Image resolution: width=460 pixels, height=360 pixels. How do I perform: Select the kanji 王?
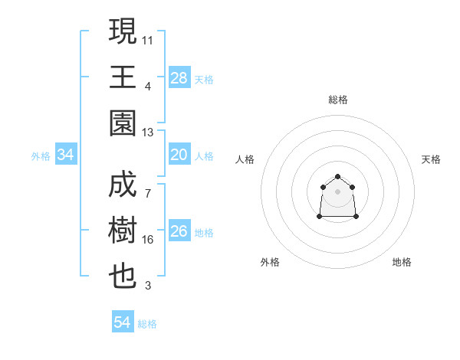click(123, 77)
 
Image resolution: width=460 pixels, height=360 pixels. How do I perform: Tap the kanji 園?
click(123, 123)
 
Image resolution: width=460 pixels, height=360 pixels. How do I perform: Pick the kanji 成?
click(123, 185)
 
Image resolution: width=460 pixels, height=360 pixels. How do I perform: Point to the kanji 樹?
click(123, 231)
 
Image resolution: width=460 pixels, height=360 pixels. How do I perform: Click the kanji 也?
click(123, 277)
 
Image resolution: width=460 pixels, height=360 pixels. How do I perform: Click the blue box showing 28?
click(179, 78)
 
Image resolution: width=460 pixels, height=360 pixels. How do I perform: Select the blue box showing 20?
click(179, 155)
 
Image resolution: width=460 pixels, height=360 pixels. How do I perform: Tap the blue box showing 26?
click(179, 232)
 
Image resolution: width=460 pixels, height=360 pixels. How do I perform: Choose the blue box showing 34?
click(66, 155)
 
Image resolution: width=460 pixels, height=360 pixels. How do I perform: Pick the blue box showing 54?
click(123, 322)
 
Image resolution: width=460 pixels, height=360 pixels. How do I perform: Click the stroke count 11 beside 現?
click(148, 40)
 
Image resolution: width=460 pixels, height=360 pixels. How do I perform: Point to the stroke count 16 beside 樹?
click(148, 240)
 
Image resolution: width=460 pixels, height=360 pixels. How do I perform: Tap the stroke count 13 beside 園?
click(148, 133)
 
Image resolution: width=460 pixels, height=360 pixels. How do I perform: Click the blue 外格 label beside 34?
click(41, 156)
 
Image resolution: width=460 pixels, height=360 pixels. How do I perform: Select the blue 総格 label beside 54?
click(147, 323)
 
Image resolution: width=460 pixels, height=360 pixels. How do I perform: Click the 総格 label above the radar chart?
click(338, 100)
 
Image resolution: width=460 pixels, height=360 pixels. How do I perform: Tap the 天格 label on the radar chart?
click(431, 159)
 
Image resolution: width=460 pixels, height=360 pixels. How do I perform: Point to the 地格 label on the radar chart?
click(402, 262)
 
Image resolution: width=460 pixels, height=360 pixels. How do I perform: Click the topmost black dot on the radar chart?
click(338, 177)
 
